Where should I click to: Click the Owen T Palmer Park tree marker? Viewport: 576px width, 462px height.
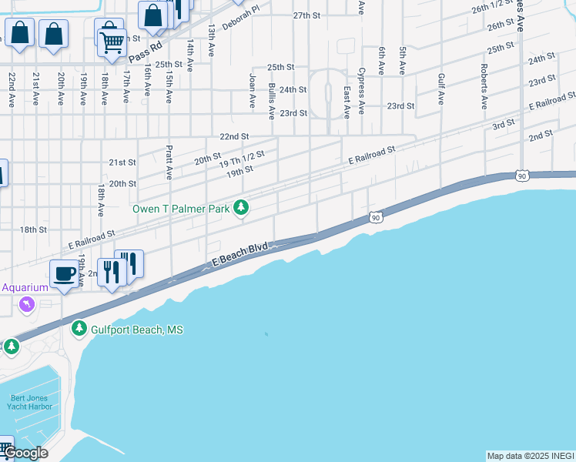coord(242,208)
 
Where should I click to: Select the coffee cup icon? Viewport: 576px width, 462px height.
coord(65,273)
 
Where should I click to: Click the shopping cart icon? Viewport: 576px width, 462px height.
coord(112,42)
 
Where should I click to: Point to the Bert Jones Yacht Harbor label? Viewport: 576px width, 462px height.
coord(30,403)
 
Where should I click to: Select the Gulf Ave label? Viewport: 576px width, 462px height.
coord(440,89)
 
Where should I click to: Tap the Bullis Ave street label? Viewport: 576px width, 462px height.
coord(271,102)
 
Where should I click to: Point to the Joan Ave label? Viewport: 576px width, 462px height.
coord(252,91)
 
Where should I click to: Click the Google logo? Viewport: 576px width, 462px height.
coord(26,453)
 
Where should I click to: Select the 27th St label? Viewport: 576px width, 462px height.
coord(306,15)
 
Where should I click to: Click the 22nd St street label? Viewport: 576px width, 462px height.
coord(234,136)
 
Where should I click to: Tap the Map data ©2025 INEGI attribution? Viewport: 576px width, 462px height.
coord(531,456)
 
